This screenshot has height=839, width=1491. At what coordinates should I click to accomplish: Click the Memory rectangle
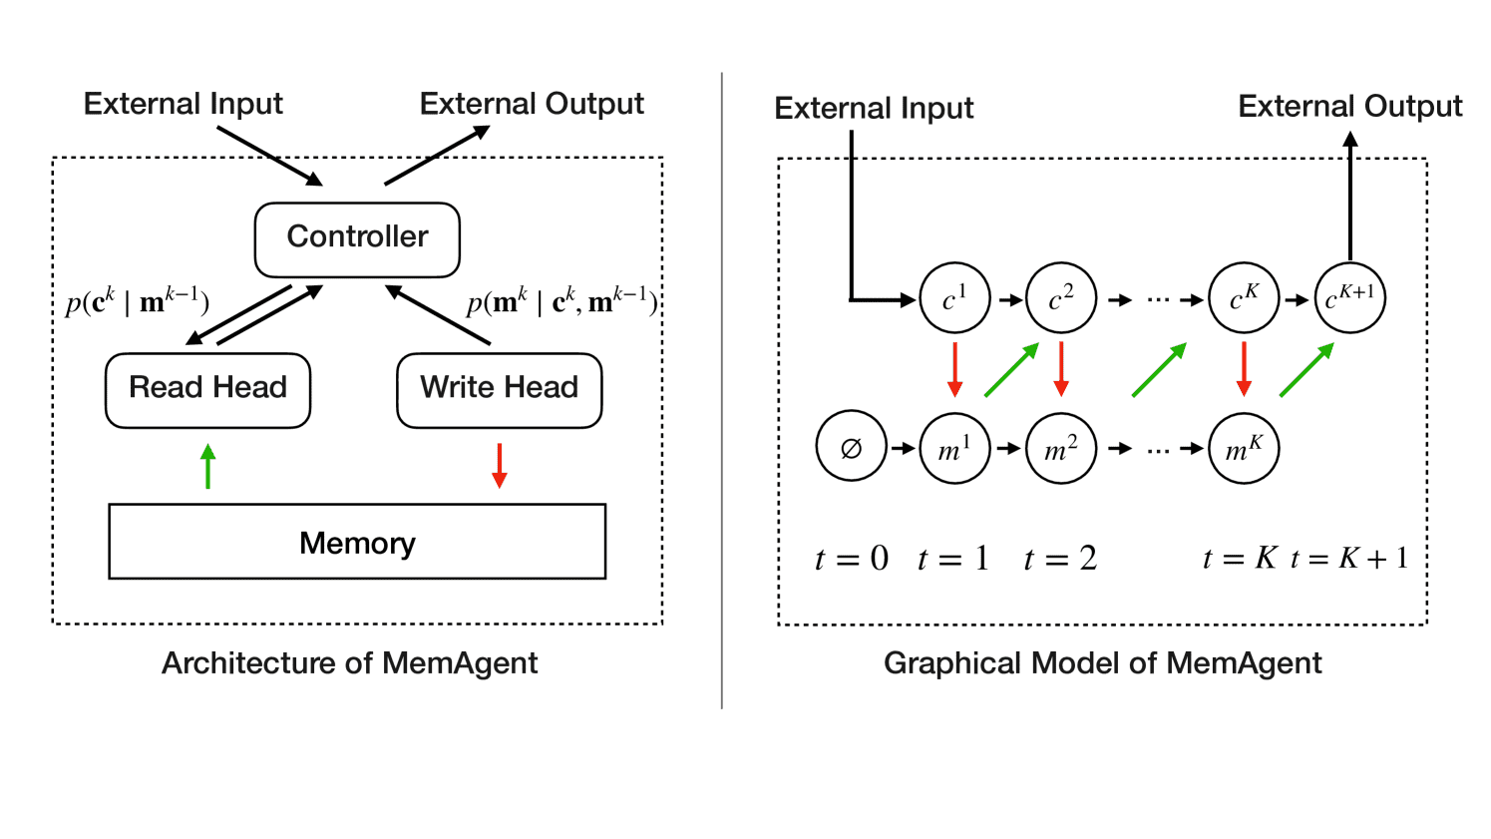point(357,542)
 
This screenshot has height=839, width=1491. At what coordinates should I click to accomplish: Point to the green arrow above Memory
point(207,466)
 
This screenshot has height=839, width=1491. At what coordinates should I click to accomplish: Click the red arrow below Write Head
point(500,466)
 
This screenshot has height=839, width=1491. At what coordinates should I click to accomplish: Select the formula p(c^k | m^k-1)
point(138,301)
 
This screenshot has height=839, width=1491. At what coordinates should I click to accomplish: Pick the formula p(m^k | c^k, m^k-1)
point(562,301)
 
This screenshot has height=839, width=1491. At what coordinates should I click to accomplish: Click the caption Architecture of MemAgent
point(349,663)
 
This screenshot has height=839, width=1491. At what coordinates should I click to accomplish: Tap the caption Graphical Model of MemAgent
point(1102,663)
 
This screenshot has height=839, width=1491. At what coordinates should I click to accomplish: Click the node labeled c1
point(954,298)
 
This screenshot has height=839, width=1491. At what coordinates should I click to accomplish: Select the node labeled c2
point(1061,298)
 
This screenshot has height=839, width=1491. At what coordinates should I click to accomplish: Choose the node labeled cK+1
point(1349,297)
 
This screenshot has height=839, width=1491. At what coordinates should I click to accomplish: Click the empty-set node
point(851,448)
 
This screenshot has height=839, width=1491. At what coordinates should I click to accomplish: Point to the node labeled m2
point(1061,449)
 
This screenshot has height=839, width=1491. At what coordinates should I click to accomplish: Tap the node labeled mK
point(1243,449)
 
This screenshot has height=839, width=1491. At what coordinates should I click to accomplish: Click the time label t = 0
point(851,559)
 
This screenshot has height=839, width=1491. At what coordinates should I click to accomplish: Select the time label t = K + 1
point(1348,559)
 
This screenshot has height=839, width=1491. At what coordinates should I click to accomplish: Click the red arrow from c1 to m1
point(954,369)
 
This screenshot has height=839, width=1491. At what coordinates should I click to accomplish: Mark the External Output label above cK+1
point(1349,107)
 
